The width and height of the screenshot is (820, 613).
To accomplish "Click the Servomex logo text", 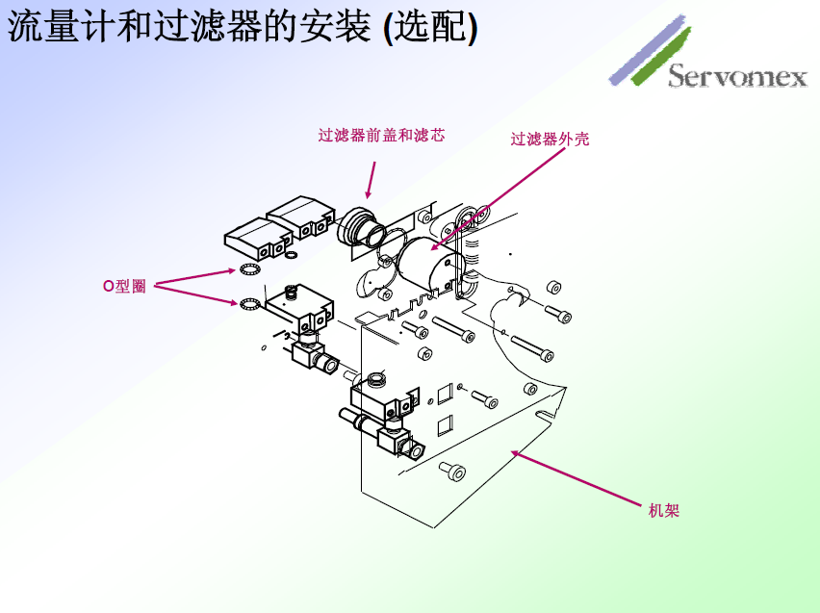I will (x=737, y=76).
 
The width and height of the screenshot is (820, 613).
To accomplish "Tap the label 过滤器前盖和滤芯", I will (x=381, y=136).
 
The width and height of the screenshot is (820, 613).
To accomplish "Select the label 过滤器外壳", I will (x=550, y=140).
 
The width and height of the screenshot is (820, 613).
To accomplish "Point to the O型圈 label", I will (x=124, y=286).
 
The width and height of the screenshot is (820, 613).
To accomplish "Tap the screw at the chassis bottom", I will (x=452, y=471).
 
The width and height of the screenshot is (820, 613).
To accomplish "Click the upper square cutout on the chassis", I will (x=444, y=393).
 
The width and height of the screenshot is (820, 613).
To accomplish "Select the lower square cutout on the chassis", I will (x=445, y=423).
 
